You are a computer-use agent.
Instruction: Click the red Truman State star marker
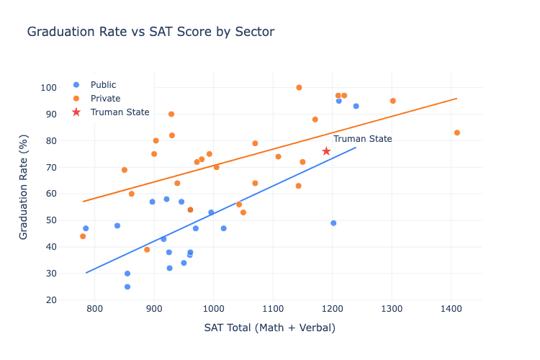pyautogui.click(x=326, y=151)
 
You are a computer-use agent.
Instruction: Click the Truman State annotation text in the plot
pyautogui.click(x=362, y=139)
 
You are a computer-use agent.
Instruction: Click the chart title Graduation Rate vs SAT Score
pyautogui.click(x=150, y=32)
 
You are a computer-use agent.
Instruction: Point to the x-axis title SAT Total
pyautogui.click(x=269, y=328)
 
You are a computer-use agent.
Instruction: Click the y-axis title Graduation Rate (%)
pyautogui.click(x=24, y=193)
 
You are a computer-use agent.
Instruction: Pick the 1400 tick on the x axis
pyautogui.click(x=451, y=309)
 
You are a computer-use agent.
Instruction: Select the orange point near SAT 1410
pyautogui.click(x=457, y=132)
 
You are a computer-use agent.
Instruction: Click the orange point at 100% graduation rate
pyautogui.click(x=299, y=88)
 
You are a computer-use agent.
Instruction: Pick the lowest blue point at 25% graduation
pyautogui.click(x=127, y=287)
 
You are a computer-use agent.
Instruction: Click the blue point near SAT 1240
pyautogui.click(x=356, y=106)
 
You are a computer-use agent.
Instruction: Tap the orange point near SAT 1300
pyautogui.click(x=392, y=101)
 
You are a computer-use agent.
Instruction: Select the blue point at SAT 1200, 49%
pyautogui.click(x=333, y=223)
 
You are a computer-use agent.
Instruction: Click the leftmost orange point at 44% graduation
pyautogui.click(x=83, y=236)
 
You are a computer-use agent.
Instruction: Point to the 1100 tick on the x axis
pyautogui.click(x=273, y=309)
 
